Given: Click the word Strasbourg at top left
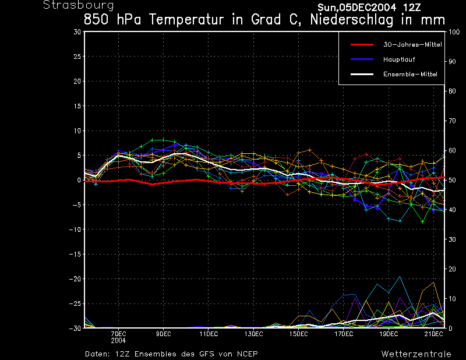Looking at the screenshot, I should [70, 5].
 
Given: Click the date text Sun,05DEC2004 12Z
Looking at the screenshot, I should [369, 8].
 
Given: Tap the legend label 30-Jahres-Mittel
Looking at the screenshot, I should [408, 44].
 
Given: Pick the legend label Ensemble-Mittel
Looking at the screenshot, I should [409, 74].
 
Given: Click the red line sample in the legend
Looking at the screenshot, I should [361, 44].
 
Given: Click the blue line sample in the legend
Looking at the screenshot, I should [361, 59].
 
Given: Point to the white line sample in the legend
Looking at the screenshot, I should [361, 74].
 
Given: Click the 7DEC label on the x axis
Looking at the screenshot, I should [119, 333].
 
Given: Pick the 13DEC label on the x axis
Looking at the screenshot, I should [253, 333].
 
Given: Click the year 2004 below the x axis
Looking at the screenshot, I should [119, 340].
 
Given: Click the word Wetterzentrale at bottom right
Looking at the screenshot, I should [416, 354].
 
